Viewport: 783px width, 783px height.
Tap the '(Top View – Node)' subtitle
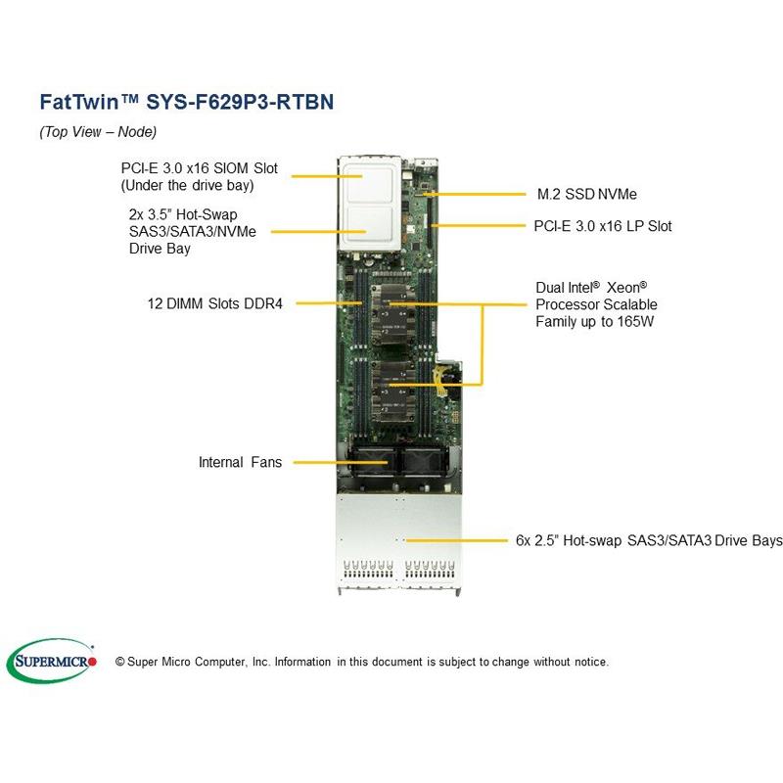pyautogui.click(x=97, y=132)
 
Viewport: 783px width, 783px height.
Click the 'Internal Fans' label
pyautogui.click(x=240, y=461)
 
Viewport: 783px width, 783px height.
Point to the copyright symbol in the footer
pyautogui.click(x=120, y=662)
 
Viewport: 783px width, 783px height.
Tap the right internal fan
pyautogui.click(x=414, y=464)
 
